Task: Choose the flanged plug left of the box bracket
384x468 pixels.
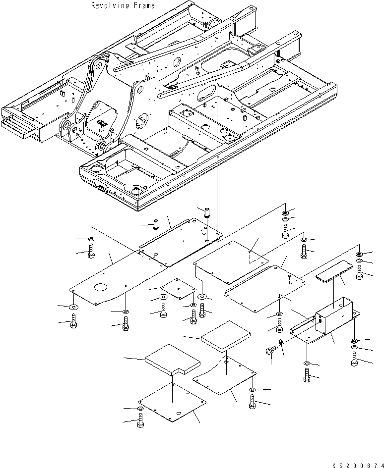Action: (269, 351)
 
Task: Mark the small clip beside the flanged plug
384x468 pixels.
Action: (281, 343)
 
